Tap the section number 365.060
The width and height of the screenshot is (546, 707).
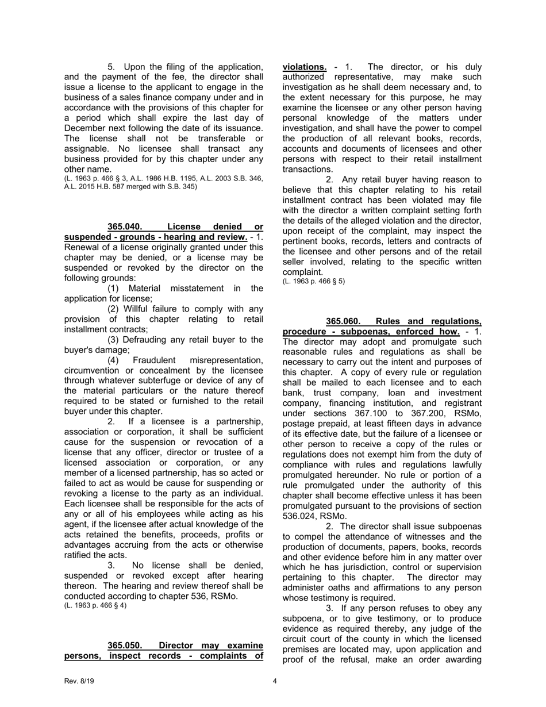pyautogui.click(x=343, y=321)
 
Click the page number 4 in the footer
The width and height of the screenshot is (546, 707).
pyautogui.click(x=275, y=682)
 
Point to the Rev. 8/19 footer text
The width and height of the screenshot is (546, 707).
pyautogui.click(x=79, y=682)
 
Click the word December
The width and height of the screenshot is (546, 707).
pyautogui.click(x=85, y=128)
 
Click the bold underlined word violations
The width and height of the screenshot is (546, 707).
pyautogui.click(x=305, y=67)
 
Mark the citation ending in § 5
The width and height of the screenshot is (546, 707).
pyautogui.click(x=313, y=281)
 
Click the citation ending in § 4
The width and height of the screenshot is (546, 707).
pyautogui.click(x=95, y=605)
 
